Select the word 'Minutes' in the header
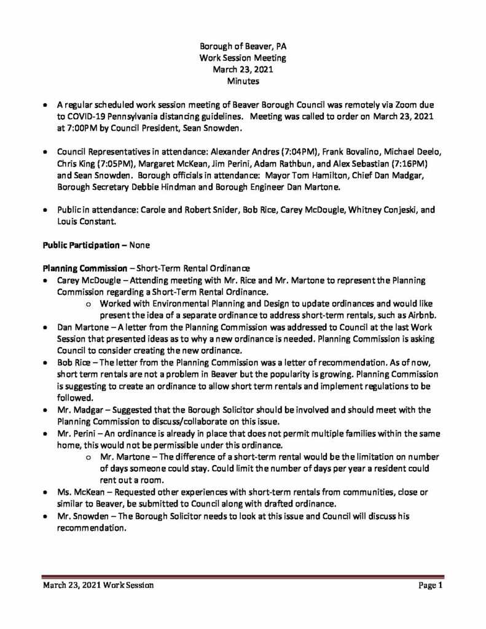click(243, 80)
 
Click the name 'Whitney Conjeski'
click(385, 209)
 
